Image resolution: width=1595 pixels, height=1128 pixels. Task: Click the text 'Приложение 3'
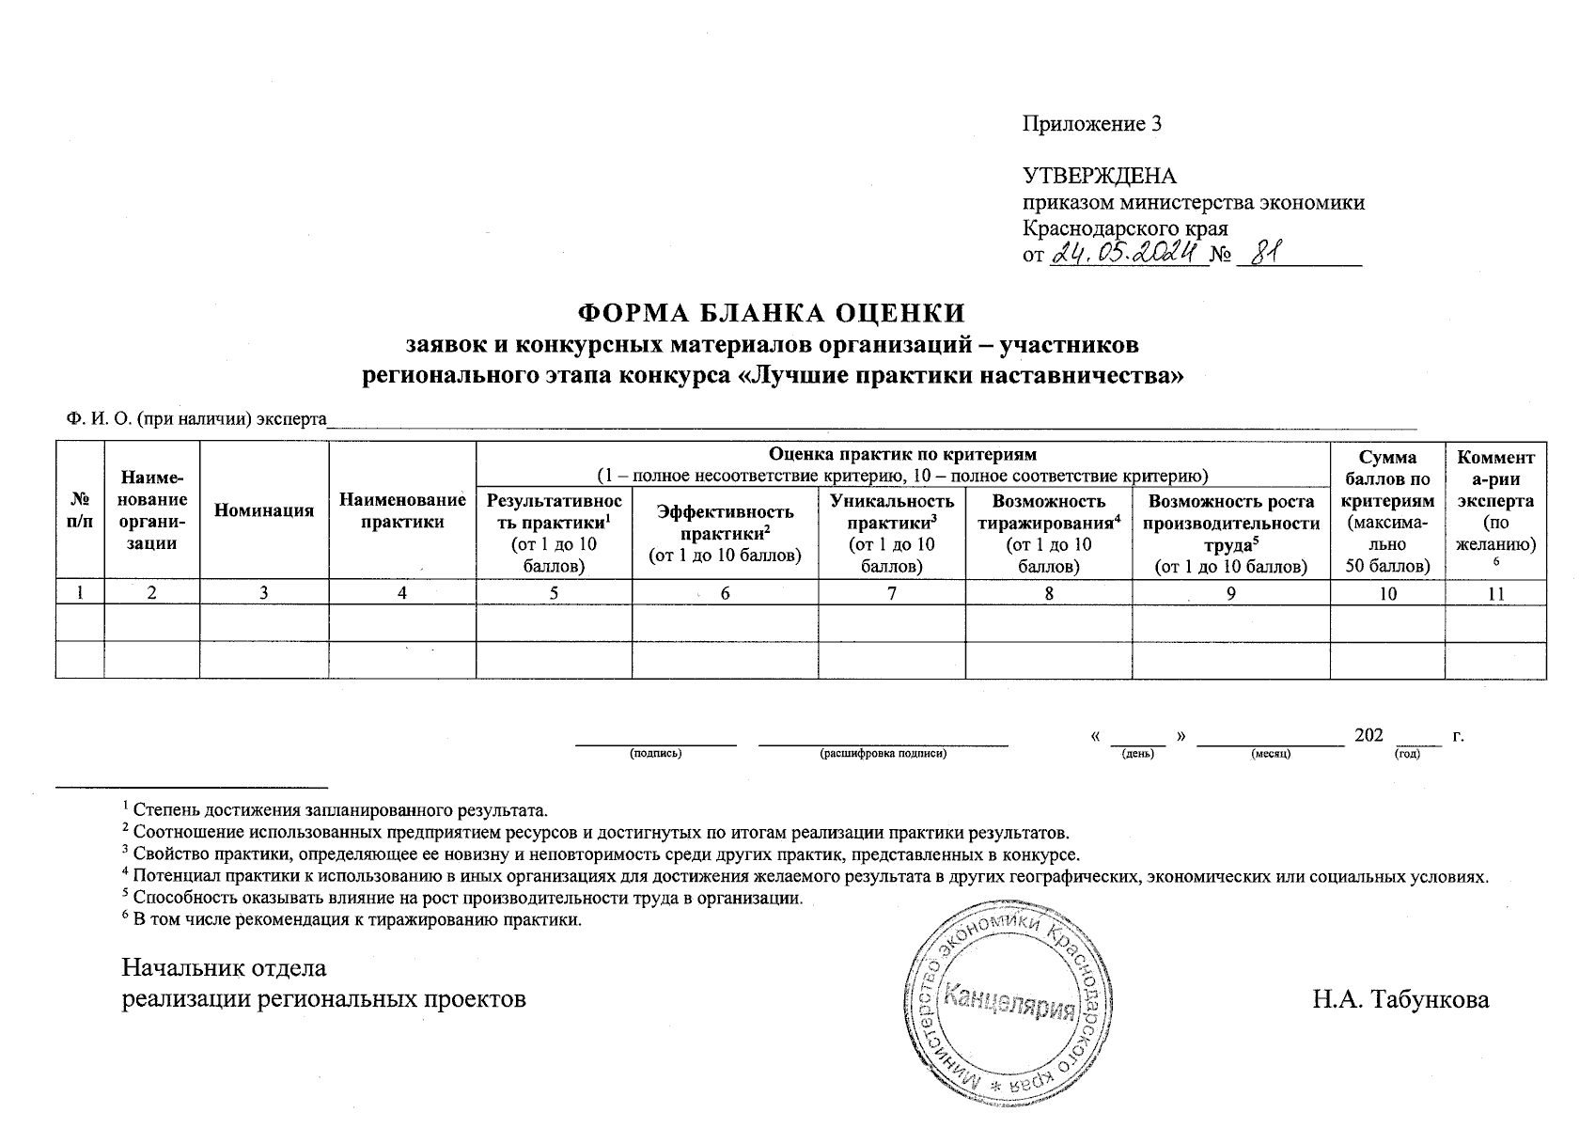(1092, 124)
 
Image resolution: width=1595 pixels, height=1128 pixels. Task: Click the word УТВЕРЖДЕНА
(1099, 177)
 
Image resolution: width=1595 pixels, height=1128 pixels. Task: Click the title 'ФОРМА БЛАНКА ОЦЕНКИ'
(771, 312)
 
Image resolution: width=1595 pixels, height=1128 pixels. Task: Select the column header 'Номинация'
(264, 510)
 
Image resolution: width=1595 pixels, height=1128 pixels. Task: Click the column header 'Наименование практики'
(402, 510)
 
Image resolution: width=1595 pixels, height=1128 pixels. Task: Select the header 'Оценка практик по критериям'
(902, 455)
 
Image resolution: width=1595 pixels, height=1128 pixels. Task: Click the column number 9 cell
(1230, 593)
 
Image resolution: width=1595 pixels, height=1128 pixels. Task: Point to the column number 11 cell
(1495, 593)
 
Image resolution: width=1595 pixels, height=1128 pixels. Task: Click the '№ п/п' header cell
(80, 510)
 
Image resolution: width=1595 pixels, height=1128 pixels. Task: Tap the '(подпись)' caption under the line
(655, 754)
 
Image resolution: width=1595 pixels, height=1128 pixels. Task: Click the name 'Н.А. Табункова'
(1400, 999)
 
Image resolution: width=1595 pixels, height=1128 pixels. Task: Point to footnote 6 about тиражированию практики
(352, 919)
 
